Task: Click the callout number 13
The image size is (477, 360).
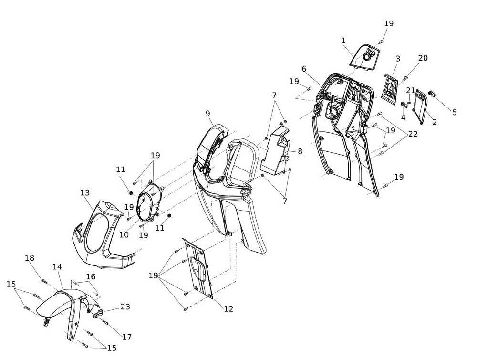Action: (x=84, y=193)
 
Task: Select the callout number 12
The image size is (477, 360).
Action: (x=228, y=309)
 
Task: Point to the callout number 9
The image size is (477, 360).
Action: (x=208, y=114)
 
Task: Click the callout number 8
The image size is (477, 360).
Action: (x=300, y=151)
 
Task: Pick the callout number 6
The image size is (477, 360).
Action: (x=304, y=69)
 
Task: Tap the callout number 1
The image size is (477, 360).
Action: (x=343, y=41)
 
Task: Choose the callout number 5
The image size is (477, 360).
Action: (x=455, y=113)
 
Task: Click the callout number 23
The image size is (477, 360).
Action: (x=125, y=307)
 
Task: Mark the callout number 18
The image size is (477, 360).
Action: (x=30, y=258)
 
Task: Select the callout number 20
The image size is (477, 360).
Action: (x=423, y=58)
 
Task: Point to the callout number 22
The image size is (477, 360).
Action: (x=413, y=134)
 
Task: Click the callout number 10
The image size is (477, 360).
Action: (x=124, y=235)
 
